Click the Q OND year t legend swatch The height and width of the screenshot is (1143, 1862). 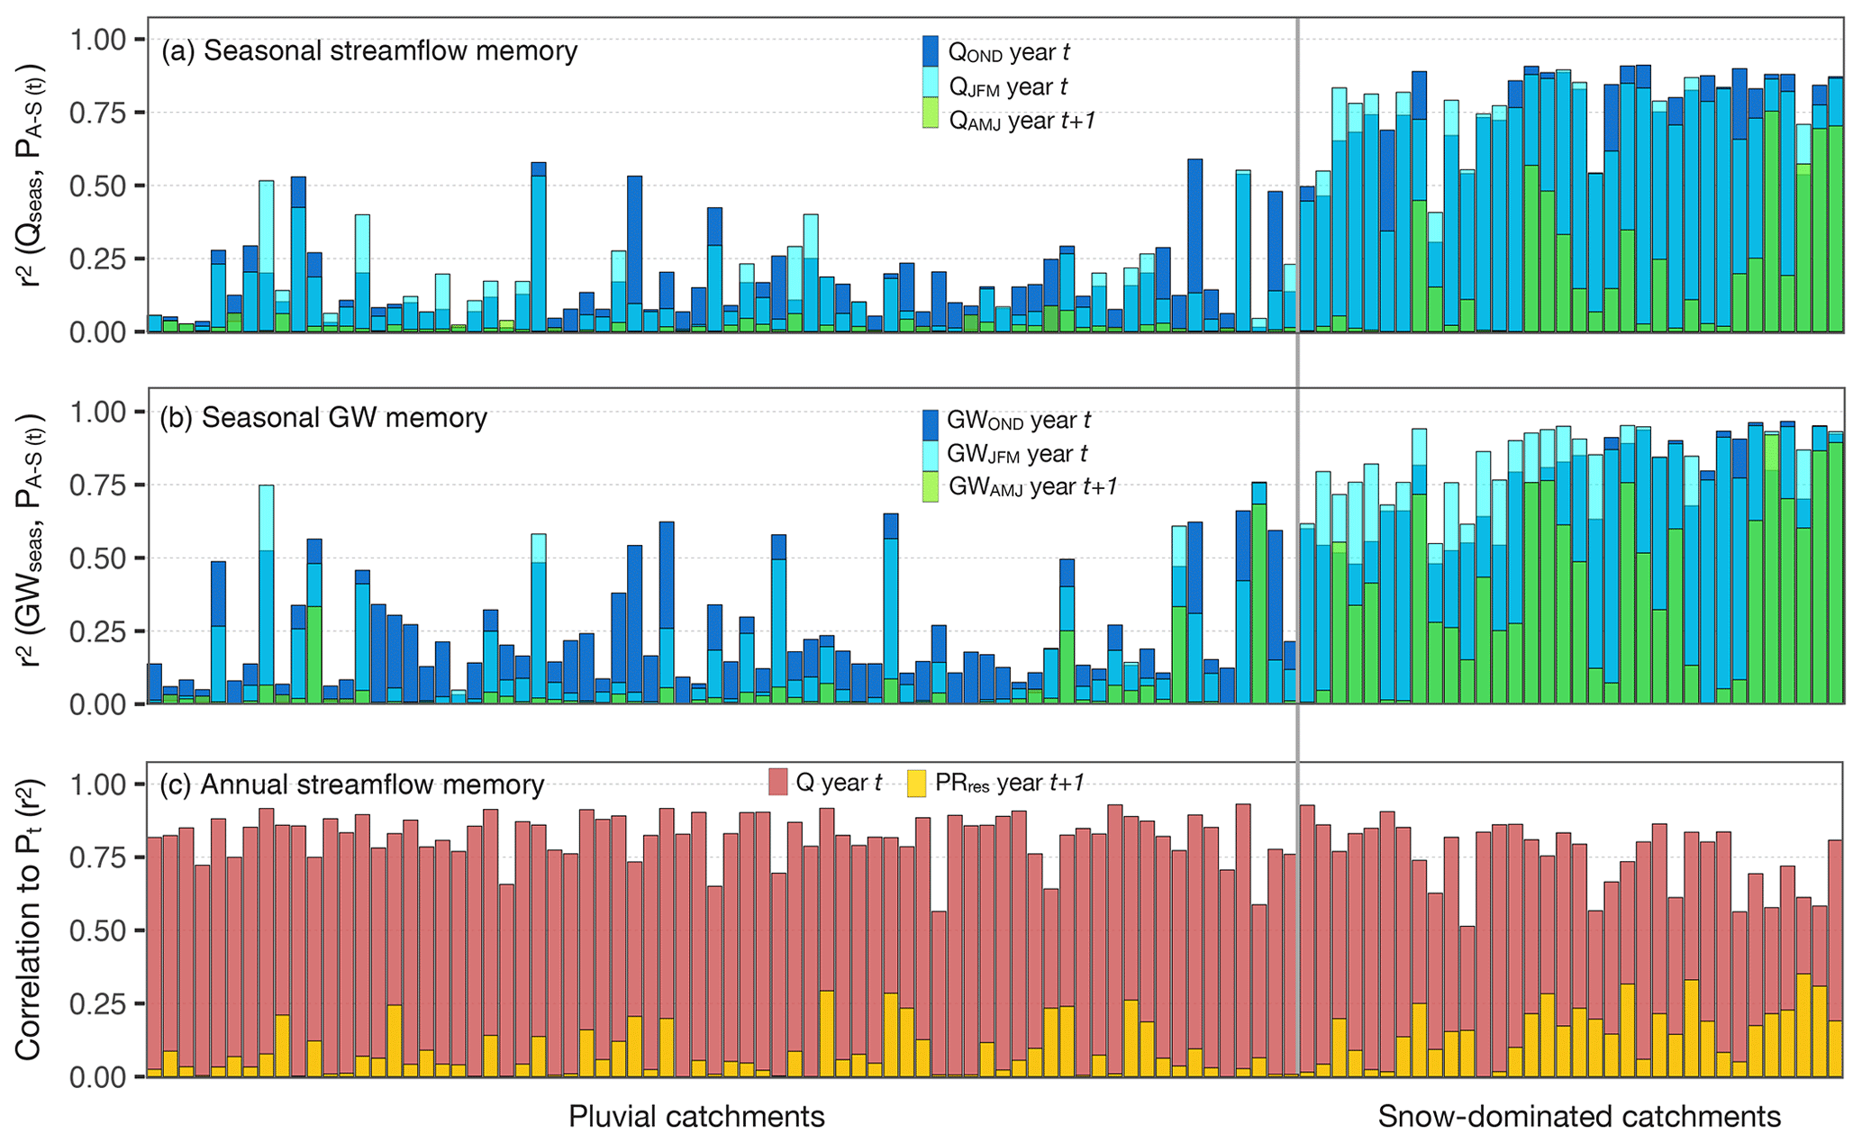tap(931, 50)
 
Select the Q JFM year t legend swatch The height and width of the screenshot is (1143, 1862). tap(931, 85)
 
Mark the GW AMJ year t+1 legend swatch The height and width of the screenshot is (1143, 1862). tap(931, 486)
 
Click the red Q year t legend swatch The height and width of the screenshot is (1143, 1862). tap(778, 782)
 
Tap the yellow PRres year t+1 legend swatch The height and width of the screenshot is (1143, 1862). tap(916, 782)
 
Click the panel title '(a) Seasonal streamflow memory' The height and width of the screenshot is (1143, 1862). tap(368, 50)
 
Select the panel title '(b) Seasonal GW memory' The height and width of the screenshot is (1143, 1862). tap(322, 418)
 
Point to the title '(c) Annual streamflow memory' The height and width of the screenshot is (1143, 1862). tap(351, 785)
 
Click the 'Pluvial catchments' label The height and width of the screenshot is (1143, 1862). tap(696, 1117)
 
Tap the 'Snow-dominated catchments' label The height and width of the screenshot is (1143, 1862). tap(1579, 1117)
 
